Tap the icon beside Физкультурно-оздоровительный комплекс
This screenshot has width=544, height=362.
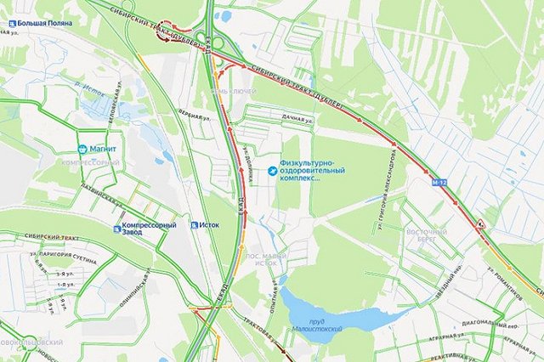coord(272,170)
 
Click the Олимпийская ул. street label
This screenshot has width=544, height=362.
coord(130,281)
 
